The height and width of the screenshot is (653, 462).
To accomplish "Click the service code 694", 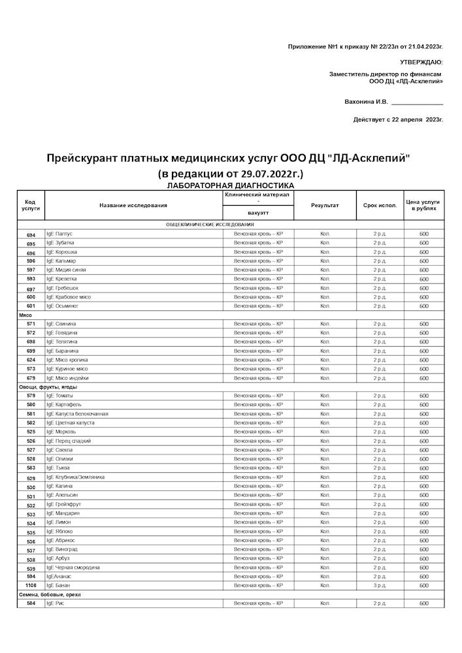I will tap(31, 234).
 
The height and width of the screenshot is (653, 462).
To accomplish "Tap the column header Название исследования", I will tap(133, 205).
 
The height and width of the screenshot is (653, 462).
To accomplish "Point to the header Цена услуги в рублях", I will tap(423, 205).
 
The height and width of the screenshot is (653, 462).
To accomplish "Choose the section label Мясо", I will tap(27, 315).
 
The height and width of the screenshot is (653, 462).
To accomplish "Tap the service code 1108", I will tap(31, 586).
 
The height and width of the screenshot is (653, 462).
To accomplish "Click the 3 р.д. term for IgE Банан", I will tap(380, 586).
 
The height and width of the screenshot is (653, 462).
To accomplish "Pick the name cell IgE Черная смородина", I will tap(73, 567).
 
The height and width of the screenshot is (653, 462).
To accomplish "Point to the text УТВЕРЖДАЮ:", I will tap(421, 61).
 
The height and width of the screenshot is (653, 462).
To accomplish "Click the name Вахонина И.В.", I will tap(366, 102).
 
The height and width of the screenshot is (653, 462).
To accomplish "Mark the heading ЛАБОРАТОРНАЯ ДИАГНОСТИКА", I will tap(231, 186).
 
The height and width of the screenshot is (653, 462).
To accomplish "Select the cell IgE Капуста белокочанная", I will tap(77, 414).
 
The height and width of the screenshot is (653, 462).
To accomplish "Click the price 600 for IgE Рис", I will tap(423, 604).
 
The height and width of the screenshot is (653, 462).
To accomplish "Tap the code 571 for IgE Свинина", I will tap(31, 324).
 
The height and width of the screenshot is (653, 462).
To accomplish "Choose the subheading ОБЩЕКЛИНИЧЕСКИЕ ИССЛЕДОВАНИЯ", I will tap(210, 225).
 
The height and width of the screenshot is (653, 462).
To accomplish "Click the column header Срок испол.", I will tap(380, 205).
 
